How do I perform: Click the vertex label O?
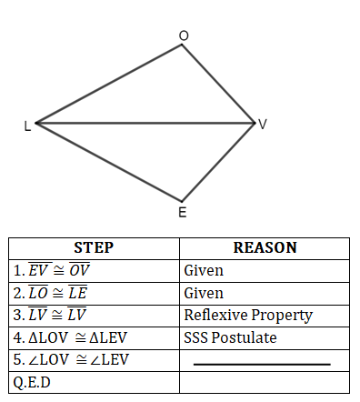[184, 35]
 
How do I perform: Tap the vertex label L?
[27, 126]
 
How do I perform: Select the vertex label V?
[263, 125]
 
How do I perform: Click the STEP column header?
[94, 247]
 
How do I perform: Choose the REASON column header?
[265, 247]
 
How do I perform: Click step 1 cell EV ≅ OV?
[53, 270]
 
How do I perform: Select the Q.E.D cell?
[32, 382]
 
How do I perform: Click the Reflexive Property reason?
[247, 316]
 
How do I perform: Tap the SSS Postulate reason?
[230, 337]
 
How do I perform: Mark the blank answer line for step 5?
[262, 364]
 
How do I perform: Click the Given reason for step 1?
[204, 270]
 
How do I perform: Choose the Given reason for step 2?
[204, 293]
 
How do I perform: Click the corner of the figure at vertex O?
[183, 44]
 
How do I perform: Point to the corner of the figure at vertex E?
[182, 201]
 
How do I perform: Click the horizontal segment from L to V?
[145, 122]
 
